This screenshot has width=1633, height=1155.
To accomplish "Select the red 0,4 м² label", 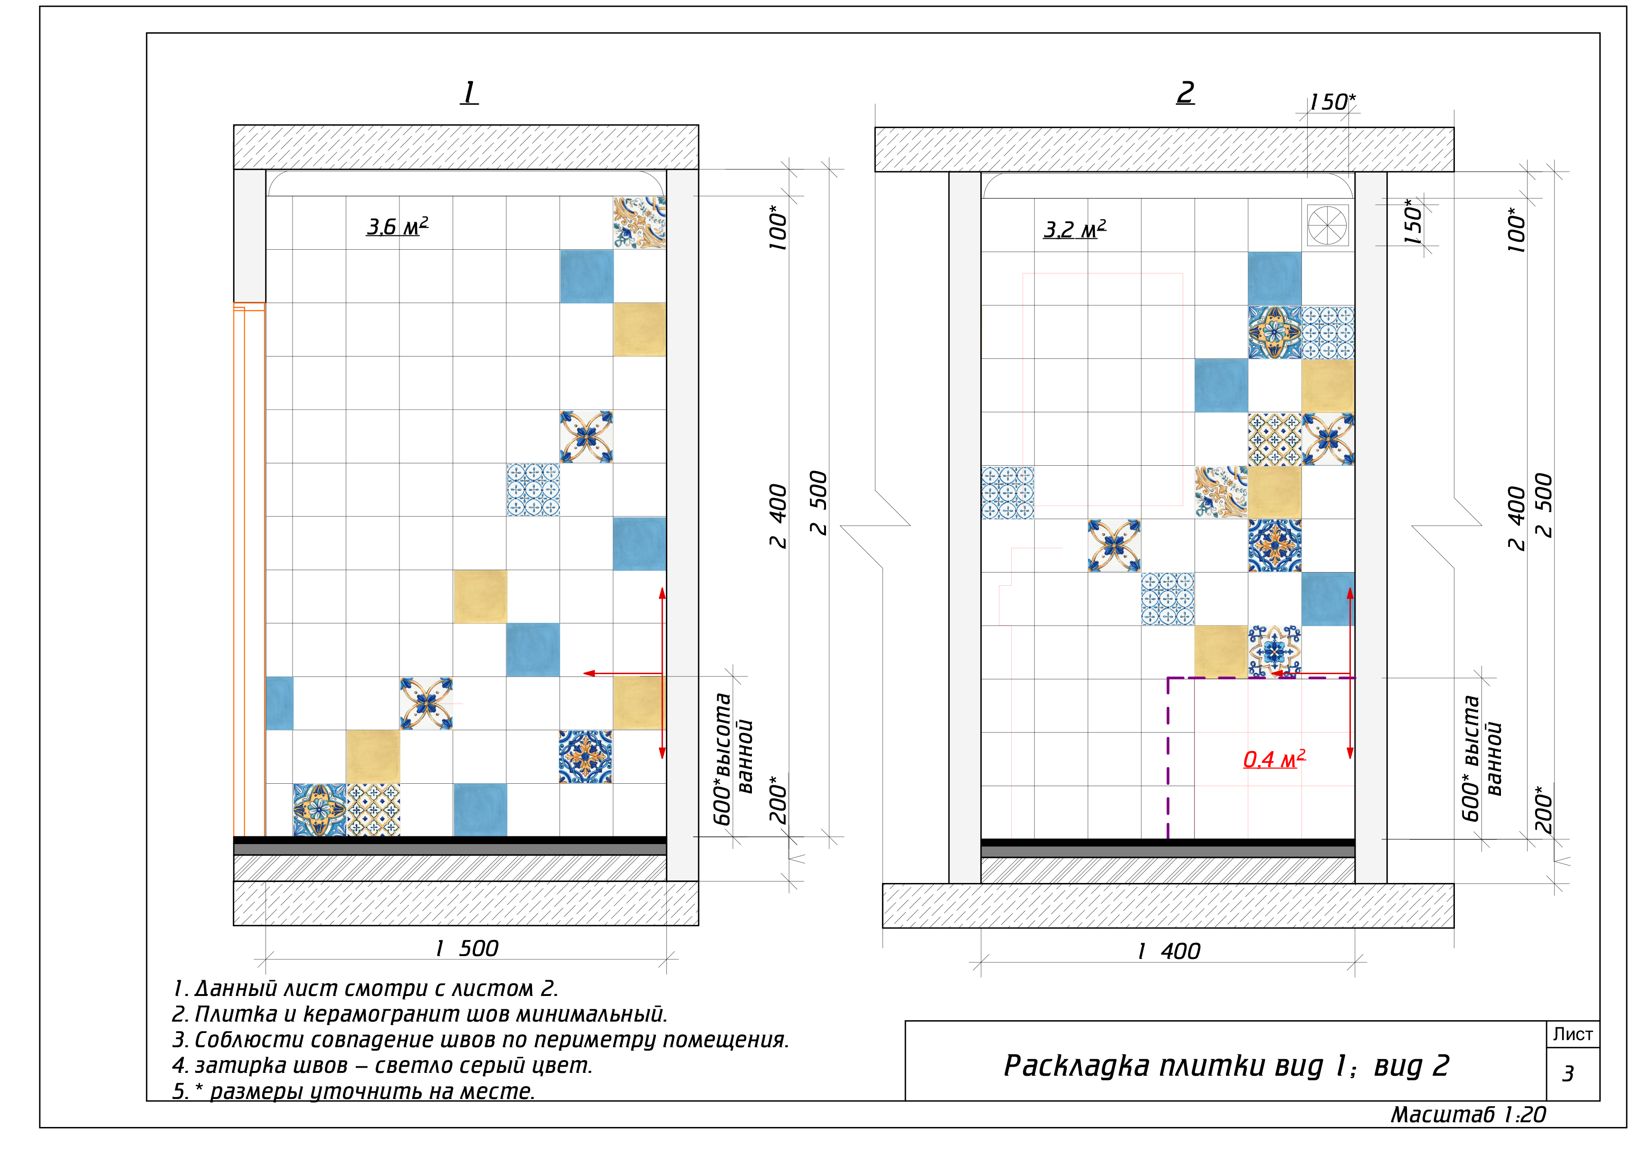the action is (x=1273, y=759).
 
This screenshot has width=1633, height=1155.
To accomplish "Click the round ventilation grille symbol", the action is (x=1328, y=225).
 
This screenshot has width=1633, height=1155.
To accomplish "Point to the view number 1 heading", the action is (x=469, y=93).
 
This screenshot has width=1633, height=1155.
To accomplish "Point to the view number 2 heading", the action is (x=1186, y=93).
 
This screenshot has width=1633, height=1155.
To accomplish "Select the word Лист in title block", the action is (x=1573, y=1034).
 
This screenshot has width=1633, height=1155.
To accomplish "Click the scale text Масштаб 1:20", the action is (x=1468, y=1115).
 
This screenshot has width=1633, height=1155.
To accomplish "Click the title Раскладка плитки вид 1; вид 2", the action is (x=1226, y=1065).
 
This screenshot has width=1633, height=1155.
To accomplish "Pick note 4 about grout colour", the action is (x=382, y=1065).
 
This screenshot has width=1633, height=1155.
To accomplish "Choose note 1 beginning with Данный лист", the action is (x=365, y=988).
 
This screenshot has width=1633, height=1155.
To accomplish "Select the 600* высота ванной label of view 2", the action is (x=1481, y=758).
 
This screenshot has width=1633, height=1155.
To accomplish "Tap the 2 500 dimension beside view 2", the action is (x=1543, y=505).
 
